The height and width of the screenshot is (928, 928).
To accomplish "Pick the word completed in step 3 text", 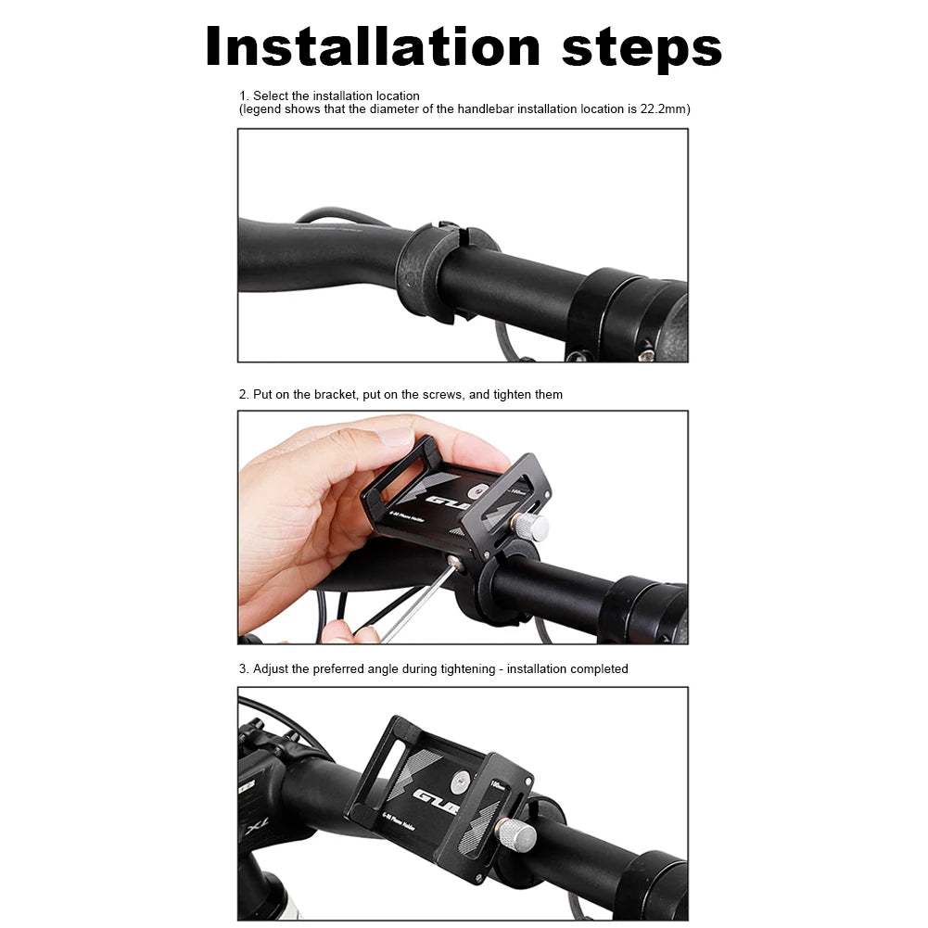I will pyautogui.click(x=599, y=669).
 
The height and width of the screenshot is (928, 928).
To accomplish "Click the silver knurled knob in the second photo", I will pyautogui.click(x=531, y=527).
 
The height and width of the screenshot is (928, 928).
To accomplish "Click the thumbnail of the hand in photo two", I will pyautogui.click(x=396, y=436).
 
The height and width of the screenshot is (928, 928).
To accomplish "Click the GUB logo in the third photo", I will pyautogui.click(x=436, y=799).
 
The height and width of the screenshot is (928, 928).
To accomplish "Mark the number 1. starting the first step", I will pyautogui.click(x=244, y=96).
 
